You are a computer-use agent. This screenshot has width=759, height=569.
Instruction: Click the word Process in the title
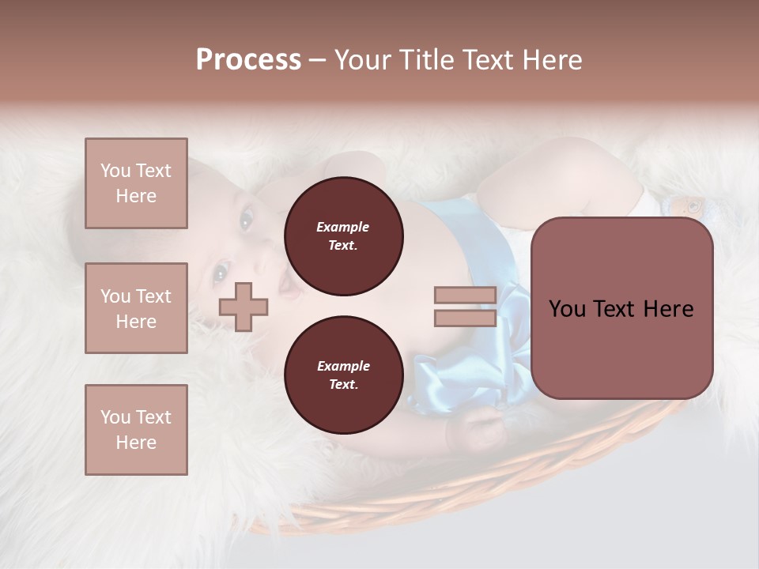[248, 60]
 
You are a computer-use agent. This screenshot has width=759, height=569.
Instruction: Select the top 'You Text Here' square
[136, 183]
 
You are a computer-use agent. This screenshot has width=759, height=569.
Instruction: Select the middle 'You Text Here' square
[136, 308]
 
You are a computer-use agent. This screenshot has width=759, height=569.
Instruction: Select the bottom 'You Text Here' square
[136, 430]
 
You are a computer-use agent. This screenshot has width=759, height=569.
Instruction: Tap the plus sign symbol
[244, 307]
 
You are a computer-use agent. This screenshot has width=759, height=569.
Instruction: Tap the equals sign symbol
[465, 307]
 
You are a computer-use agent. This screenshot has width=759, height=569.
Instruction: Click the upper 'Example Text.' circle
[343, 236]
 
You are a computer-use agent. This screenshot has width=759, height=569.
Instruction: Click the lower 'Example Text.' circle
[343, 375]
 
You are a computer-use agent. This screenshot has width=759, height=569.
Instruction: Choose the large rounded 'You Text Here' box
[621, 308]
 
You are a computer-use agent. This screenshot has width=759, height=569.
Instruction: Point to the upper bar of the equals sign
[465, 296]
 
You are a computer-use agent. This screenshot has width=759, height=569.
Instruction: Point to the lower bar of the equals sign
[465, 318]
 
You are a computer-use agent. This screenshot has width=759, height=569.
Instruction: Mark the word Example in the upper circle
[343, 227]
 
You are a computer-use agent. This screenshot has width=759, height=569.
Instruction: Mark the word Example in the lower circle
[343, 366]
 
